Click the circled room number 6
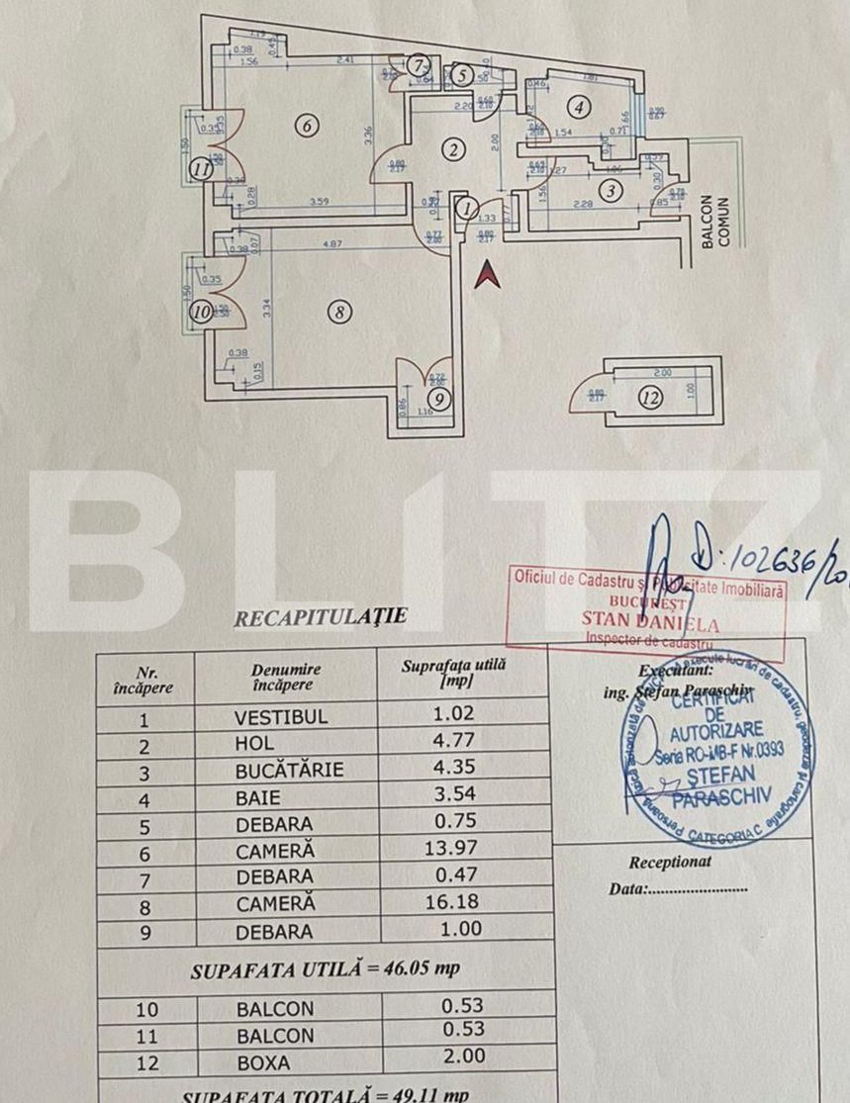point(307,126)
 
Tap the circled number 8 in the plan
point(338,312)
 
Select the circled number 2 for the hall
point(453,150)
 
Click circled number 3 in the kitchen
point(613,191)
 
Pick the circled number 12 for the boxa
point(649,400)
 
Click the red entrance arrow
point(486,274)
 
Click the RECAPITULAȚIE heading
point(320,617)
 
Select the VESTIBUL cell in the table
point(281,716)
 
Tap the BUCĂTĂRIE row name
point(289,770)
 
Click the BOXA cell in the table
point(262,1062)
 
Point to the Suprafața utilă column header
point(454,674)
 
